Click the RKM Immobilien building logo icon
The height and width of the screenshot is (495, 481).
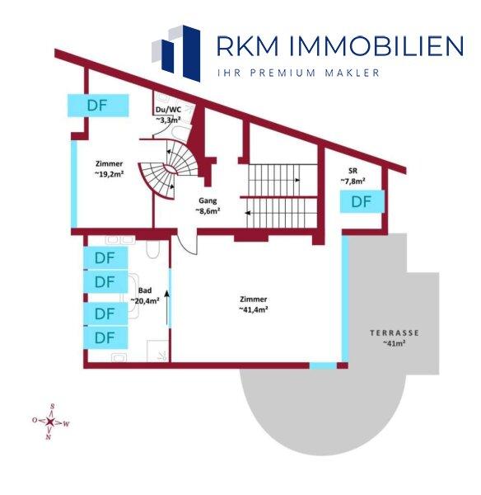click(176, 54)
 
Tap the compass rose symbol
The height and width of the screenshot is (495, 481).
click(49, 422)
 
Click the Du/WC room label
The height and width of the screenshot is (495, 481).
click(168, 110)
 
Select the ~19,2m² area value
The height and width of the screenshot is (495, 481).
click(109, 174)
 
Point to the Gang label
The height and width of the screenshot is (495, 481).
click(208, 200)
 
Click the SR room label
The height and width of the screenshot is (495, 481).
click(353, 171)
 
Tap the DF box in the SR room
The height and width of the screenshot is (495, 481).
click(362, 201)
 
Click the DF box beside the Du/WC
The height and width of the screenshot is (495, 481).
click(98, 106)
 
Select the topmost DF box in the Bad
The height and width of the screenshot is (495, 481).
click(105, 258)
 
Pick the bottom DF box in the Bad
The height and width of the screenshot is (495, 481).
click(105, 337)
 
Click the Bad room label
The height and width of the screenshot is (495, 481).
click(145, 290)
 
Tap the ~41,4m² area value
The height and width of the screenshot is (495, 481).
click(254, 309)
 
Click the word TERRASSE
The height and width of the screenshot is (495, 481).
click(395, 332)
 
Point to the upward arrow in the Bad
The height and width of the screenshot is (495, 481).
click(166, 307)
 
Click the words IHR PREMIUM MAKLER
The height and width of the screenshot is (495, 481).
click(298, 73)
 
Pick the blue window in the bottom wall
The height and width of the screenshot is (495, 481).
click(323, 365)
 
